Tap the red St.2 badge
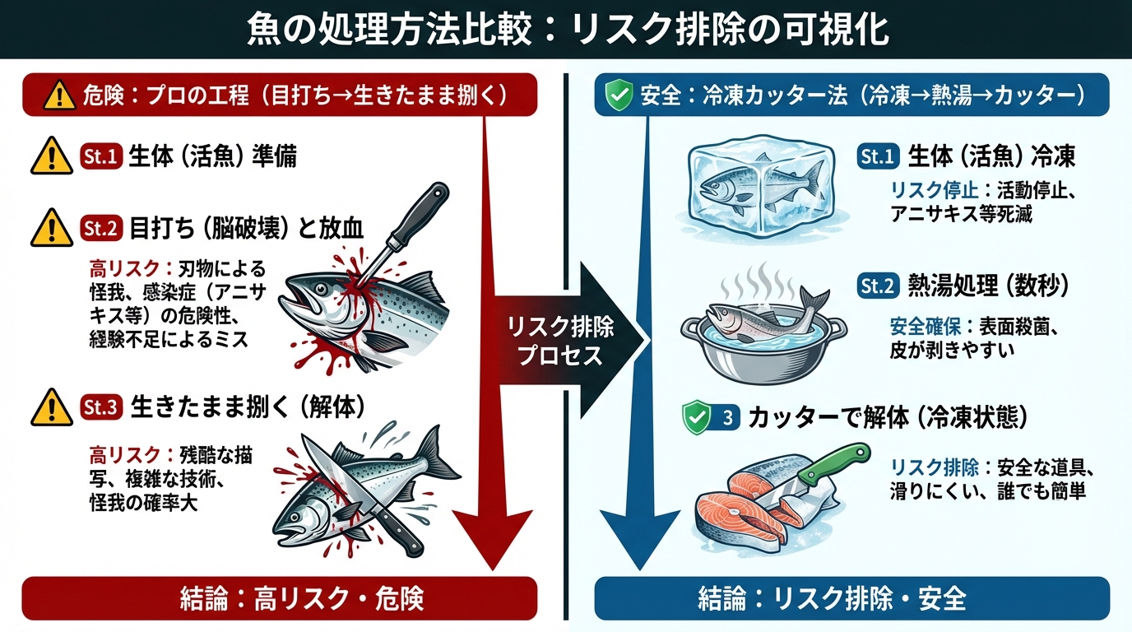(x=102, y=227)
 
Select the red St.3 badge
(x=102, y=405)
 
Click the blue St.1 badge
(x=878, y=156)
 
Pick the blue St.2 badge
(x=878, y=286)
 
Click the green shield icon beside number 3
(x=697, y=417)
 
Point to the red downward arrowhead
(x=492, y=539)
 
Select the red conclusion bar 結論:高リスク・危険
(x=279, y=598)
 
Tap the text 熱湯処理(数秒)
(x=987, y=286)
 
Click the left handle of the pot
(x=691, y=326)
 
